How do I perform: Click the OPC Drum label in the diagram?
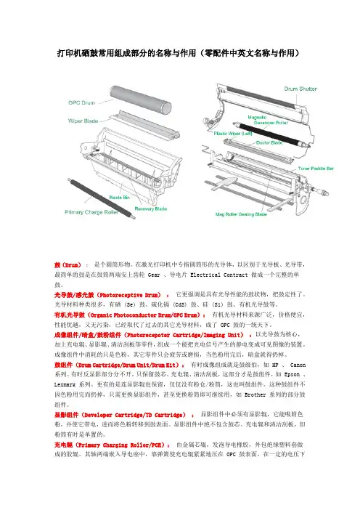(81, 102)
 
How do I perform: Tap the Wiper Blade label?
(83, 121)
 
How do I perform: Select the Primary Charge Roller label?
(91, 212)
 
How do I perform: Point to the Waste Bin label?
(119, 198)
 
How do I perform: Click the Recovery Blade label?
(151, 209)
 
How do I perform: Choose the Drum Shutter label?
(300, 89)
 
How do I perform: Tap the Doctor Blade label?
(269, 143)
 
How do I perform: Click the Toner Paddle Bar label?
(316, 169)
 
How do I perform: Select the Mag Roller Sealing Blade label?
(241, 214)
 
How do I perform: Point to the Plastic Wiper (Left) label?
(233, 134)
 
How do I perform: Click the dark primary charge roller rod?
(100, 198)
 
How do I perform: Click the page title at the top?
(178, 53)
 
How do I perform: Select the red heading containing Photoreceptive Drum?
(112, 295)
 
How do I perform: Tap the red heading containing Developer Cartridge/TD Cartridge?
(124, 415)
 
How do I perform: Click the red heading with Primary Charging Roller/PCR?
(112, 445)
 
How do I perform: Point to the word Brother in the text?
(255, 395)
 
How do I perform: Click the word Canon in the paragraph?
(298, 365)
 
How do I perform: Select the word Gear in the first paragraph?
(154, 275)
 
